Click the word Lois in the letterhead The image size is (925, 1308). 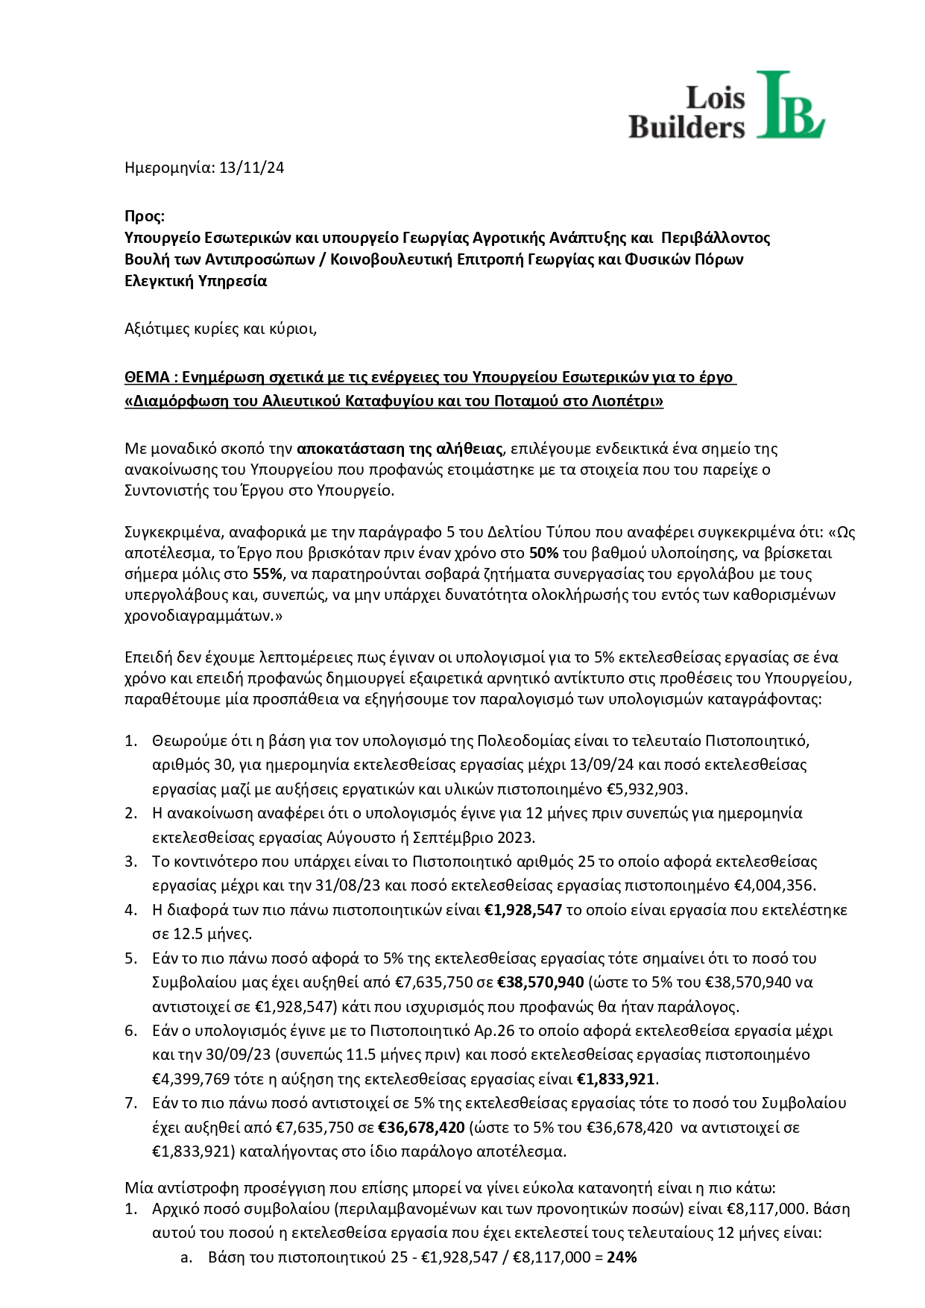714,98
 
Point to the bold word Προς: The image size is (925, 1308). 144,216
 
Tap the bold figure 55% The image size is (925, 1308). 268,574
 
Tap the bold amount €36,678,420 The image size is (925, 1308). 422,1128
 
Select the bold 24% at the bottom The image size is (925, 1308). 622,1257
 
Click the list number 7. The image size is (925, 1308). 130,1103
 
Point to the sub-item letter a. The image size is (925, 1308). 186,1257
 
